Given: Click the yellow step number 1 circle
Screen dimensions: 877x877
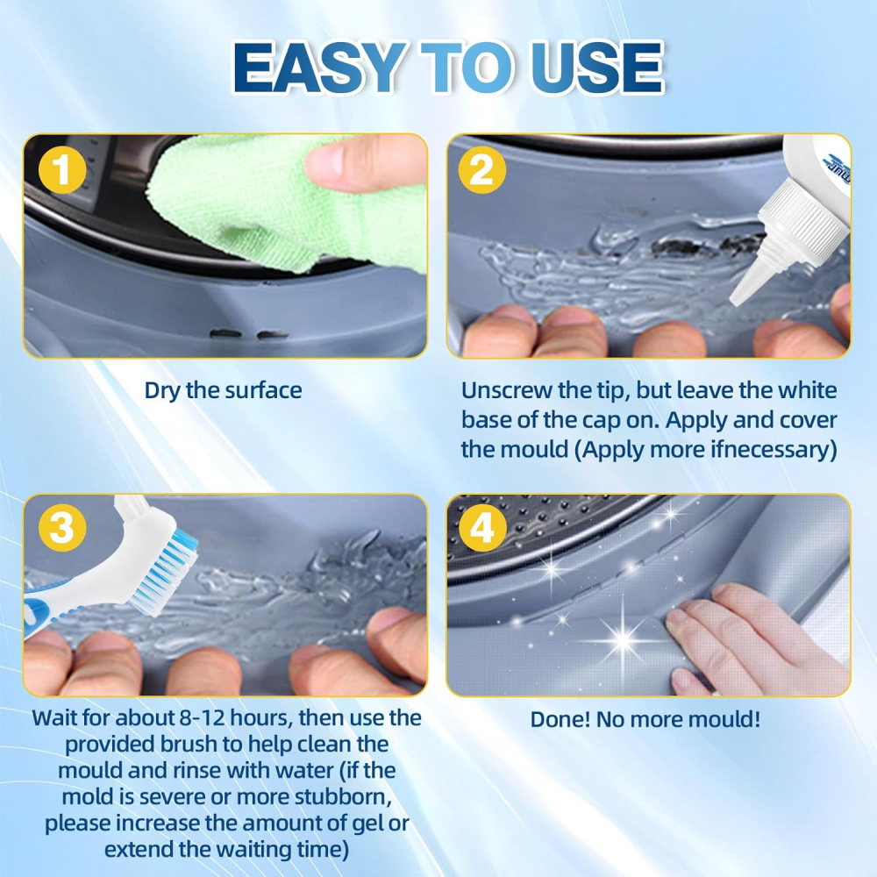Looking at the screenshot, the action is [62, 169].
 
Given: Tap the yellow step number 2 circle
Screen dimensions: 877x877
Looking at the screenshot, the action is [481, 169].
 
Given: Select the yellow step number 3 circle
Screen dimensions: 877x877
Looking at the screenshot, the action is [62, 528].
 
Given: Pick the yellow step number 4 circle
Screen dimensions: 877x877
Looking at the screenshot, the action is [481, 528].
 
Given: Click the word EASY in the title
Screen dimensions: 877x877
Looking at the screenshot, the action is [319, 68].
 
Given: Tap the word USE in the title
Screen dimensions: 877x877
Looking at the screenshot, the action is [596, 68].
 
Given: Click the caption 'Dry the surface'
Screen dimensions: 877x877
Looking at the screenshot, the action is [223, 390].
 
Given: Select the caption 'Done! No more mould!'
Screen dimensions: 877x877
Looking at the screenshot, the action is [645, 719].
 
